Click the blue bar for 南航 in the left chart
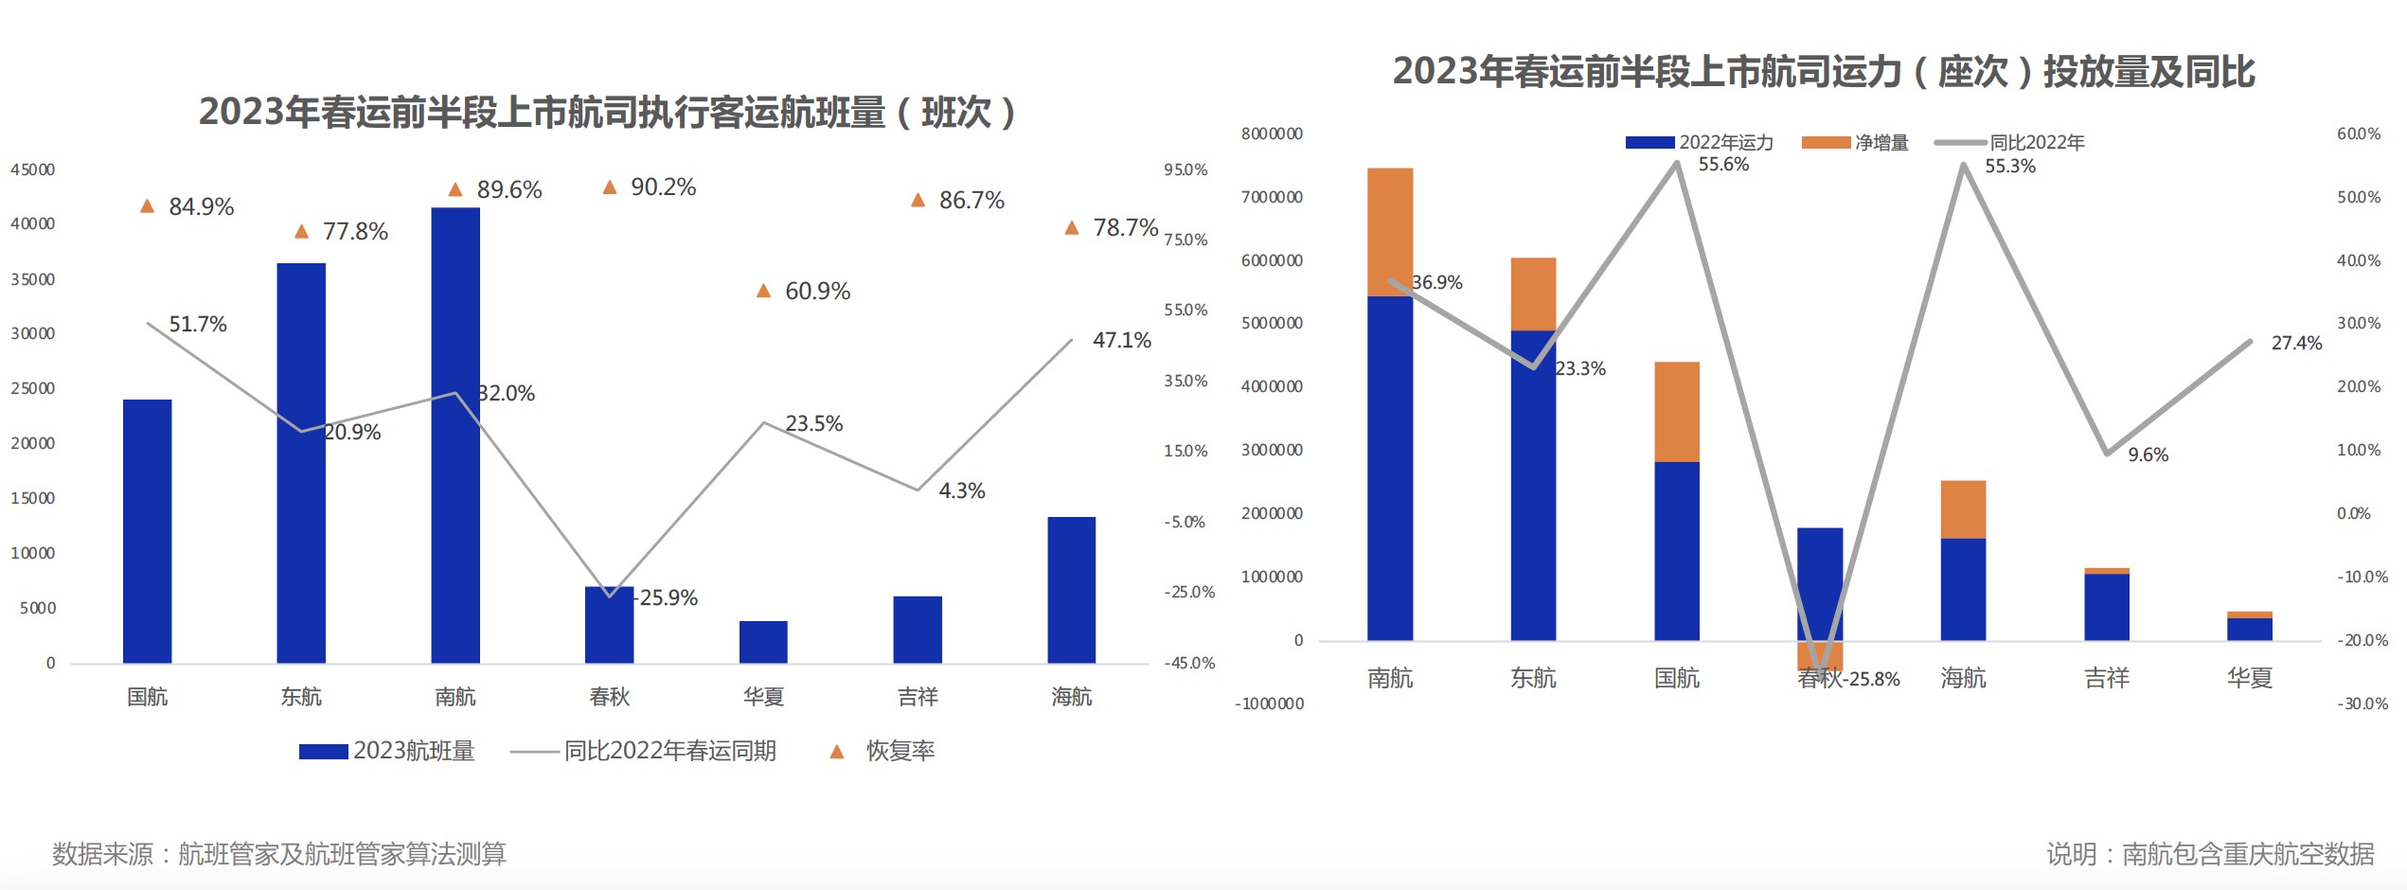point(455,436)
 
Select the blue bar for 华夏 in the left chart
point(763,642)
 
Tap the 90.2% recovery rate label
point(663,187)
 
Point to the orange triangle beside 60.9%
point(763,291)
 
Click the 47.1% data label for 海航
point(1121,340)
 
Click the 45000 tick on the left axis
point(33,169)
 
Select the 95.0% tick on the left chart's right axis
point(1186,169)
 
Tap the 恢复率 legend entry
point(900,751)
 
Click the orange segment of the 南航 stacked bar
point(1390,232)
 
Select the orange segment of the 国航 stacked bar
point(1676,412)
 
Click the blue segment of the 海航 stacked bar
point(1963,589)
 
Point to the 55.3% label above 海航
point(2009,167)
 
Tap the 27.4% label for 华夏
point(2296,343)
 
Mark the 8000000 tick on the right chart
point(1272,133)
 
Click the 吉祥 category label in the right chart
point(2106,678)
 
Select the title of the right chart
point(1823,72)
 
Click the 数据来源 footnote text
point(279,854)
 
